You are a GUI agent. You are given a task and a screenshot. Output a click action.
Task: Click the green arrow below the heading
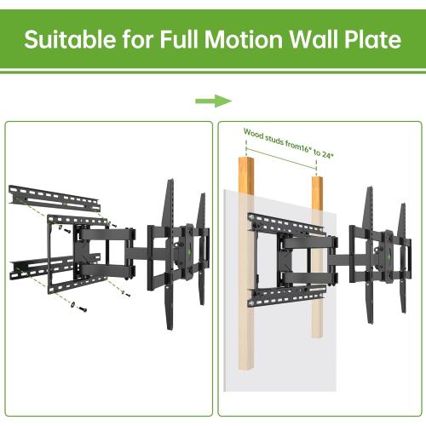click(213, 101)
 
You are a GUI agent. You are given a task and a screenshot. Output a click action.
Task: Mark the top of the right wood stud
click(318, 180)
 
